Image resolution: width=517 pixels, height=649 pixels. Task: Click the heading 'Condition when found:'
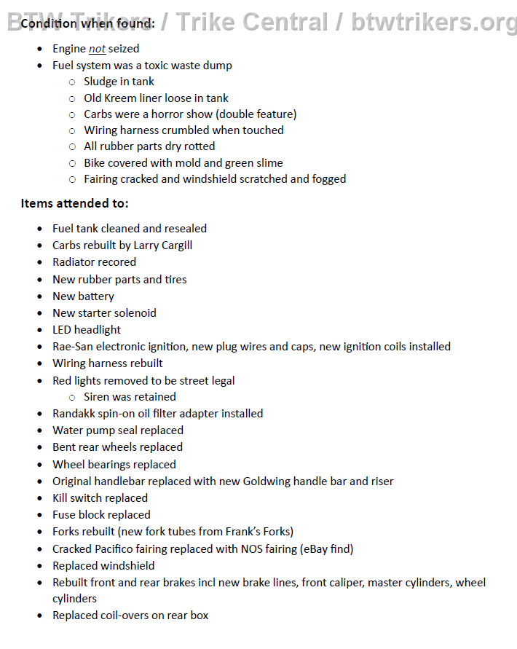87,23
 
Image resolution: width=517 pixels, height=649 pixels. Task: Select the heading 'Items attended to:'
74,203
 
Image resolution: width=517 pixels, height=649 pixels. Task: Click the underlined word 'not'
97,49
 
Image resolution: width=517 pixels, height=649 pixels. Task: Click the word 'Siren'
98,397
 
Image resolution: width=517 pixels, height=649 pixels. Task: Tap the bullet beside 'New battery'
40,296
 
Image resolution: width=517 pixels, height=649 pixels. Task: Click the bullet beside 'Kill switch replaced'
40,498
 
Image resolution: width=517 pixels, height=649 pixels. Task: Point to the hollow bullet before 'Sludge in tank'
72,82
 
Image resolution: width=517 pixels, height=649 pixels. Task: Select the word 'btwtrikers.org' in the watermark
433,22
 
